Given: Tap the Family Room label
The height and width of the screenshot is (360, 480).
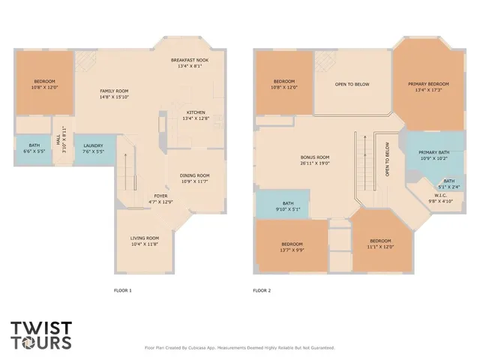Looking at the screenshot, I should click(115, 94).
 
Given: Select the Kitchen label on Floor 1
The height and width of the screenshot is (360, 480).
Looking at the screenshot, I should click(195, 115).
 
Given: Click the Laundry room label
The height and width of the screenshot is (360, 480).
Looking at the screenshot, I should click(93, 148).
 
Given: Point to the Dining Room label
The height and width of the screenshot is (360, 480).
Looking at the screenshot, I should click(194, 178).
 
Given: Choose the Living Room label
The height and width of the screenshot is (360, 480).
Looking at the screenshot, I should click(145, 241).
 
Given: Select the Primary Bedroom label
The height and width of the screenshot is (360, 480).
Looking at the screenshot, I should click(428, 87).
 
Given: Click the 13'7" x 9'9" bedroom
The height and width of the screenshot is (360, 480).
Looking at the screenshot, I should click(292, 247).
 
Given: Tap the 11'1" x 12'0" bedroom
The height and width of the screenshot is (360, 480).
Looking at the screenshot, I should click(380, 244).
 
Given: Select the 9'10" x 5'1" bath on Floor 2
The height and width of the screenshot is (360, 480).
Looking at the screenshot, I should click(288, 206).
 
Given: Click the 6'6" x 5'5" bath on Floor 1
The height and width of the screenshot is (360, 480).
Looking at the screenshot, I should click(34, 148).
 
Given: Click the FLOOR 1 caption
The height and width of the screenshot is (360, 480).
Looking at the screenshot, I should click(122, 290).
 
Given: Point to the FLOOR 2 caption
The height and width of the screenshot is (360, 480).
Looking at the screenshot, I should click(262, 290).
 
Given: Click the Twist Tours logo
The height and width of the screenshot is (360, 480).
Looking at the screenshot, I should click(41, 334).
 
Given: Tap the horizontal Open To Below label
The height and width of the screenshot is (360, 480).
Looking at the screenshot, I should click(352, 84).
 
